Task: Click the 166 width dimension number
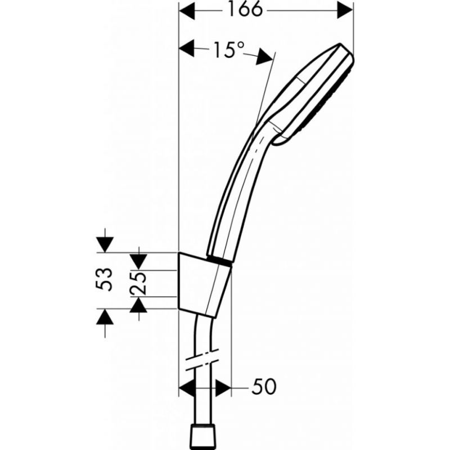click(245, 10)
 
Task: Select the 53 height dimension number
click(104, 280)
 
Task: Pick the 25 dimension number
click(138, 283)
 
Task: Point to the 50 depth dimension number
click(263, 386)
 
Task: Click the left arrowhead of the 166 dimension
click(187, 11)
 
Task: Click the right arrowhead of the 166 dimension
click(345, 11)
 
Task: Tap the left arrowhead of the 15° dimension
click(187, 48)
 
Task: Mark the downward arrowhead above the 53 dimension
click(105, 245)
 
